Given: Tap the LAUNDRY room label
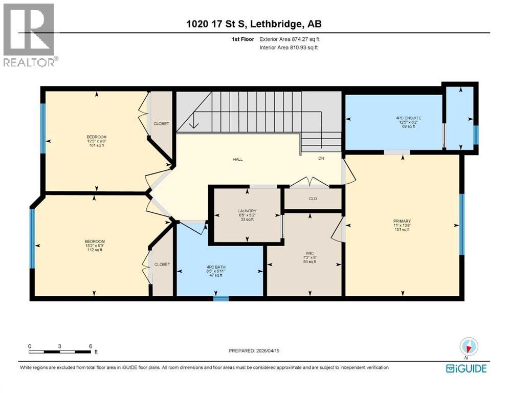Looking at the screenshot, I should [x=247, y=211].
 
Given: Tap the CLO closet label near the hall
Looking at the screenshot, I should [x=313, y=199].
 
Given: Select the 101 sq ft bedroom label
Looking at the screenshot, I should [x=96, y=137].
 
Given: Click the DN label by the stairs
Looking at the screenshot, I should [x=321, y=159].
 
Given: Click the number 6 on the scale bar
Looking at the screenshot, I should [x=90, y=346].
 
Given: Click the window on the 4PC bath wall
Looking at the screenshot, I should [x=220, y=298].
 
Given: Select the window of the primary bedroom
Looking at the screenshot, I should [x=462, y=225].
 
